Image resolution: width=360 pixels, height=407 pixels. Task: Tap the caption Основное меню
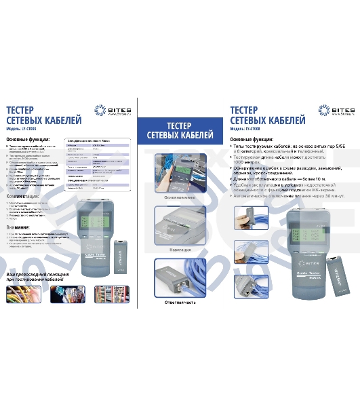pyautogui.click(x=180, y=197)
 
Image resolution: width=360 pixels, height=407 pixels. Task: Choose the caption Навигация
pyautogui.click(x=180, y=250)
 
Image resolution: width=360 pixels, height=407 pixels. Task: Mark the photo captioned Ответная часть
pyautogui.click(x=180, y=277)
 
